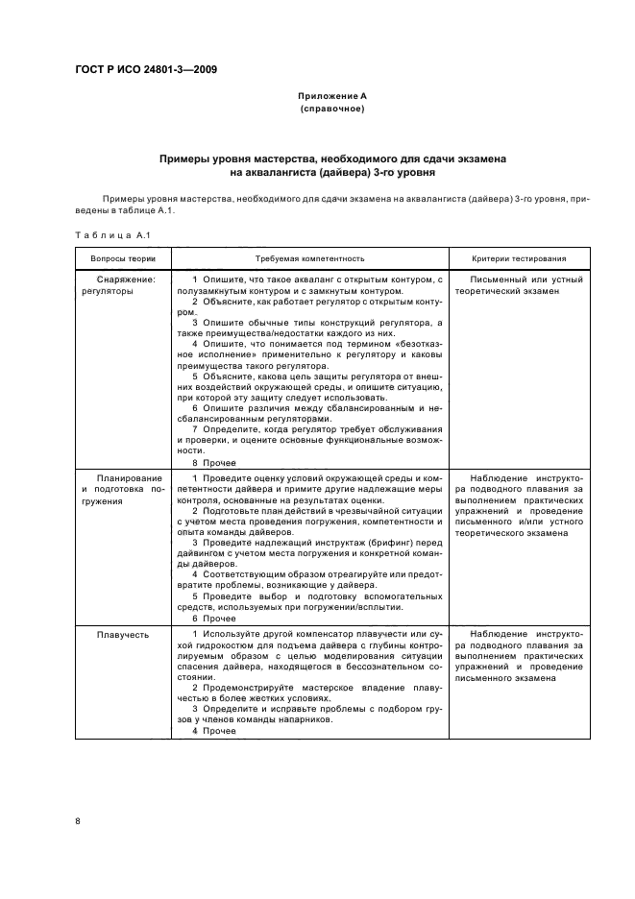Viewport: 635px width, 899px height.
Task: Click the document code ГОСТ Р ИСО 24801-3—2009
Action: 146,70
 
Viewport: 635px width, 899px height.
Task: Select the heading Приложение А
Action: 331,97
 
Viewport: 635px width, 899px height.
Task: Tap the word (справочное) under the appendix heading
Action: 331,109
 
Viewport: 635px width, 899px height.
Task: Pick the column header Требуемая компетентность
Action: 309,258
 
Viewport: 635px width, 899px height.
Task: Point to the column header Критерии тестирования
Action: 519,258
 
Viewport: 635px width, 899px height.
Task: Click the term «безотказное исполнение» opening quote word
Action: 409,343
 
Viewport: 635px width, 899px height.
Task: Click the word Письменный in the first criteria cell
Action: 497,279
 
